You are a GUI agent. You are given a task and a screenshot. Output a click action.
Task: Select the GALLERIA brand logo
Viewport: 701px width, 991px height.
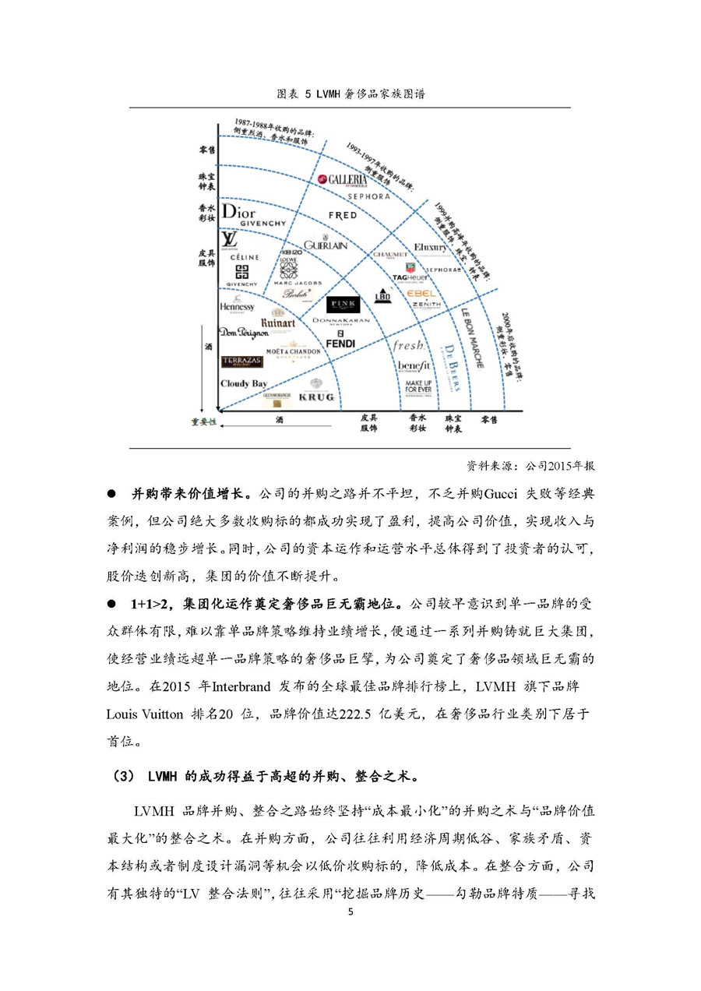point(342,180)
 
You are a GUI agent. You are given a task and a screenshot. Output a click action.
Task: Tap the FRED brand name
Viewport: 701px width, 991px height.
point(342,215)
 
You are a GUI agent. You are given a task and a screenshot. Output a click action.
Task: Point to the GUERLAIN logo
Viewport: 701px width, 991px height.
point(326,245)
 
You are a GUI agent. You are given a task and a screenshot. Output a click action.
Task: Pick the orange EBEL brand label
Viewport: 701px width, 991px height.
point(421,293)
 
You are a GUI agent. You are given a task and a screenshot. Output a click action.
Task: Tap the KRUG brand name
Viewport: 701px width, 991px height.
point(316,397)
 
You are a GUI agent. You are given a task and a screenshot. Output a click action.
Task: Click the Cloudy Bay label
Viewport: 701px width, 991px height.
point(244,383)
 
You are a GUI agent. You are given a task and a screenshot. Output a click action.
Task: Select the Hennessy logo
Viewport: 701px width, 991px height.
point(237,307)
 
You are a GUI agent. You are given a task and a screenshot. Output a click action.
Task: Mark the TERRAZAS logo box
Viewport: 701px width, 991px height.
point(242,361)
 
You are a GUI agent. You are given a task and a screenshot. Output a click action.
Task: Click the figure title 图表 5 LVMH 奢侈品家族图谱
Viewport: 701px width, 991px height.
point(350,93)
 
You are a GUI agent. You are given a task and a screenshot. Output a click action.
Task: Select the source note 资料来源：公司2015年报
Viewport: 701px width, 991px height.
point(530,466)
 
